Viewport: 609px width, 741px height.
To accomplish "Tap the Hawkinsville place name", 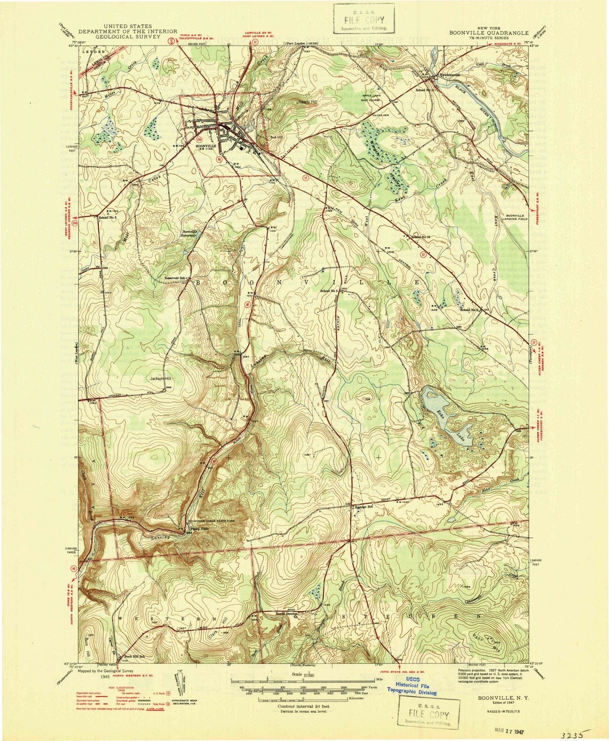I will pos(451,75).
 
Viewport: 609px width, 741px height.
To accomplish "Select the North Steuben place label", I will pos(288,614).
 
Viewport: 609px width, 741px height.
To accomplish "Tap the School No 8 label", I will pos(109,217).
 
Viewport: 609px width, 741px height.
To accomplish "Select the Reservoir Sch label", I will pos(175,278).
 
